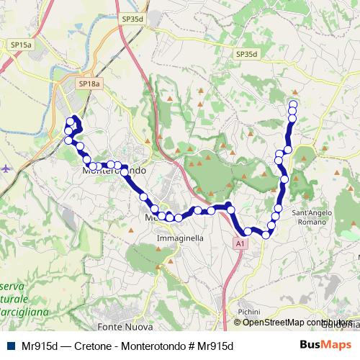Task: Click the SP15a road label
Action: coord(21,45)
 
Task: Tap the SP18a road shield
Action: coord(89,84)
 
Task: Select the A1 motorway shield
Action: coord(240,245)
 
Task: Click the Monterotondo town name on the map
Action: coord(115,172)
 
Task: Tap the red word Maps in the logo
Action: coord(339,345)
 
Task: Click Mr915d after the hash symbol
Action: coord(215,346)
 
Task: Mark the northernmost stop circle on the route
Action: coord(293,104)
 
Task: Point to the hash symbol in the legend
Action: coord(190,346)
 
